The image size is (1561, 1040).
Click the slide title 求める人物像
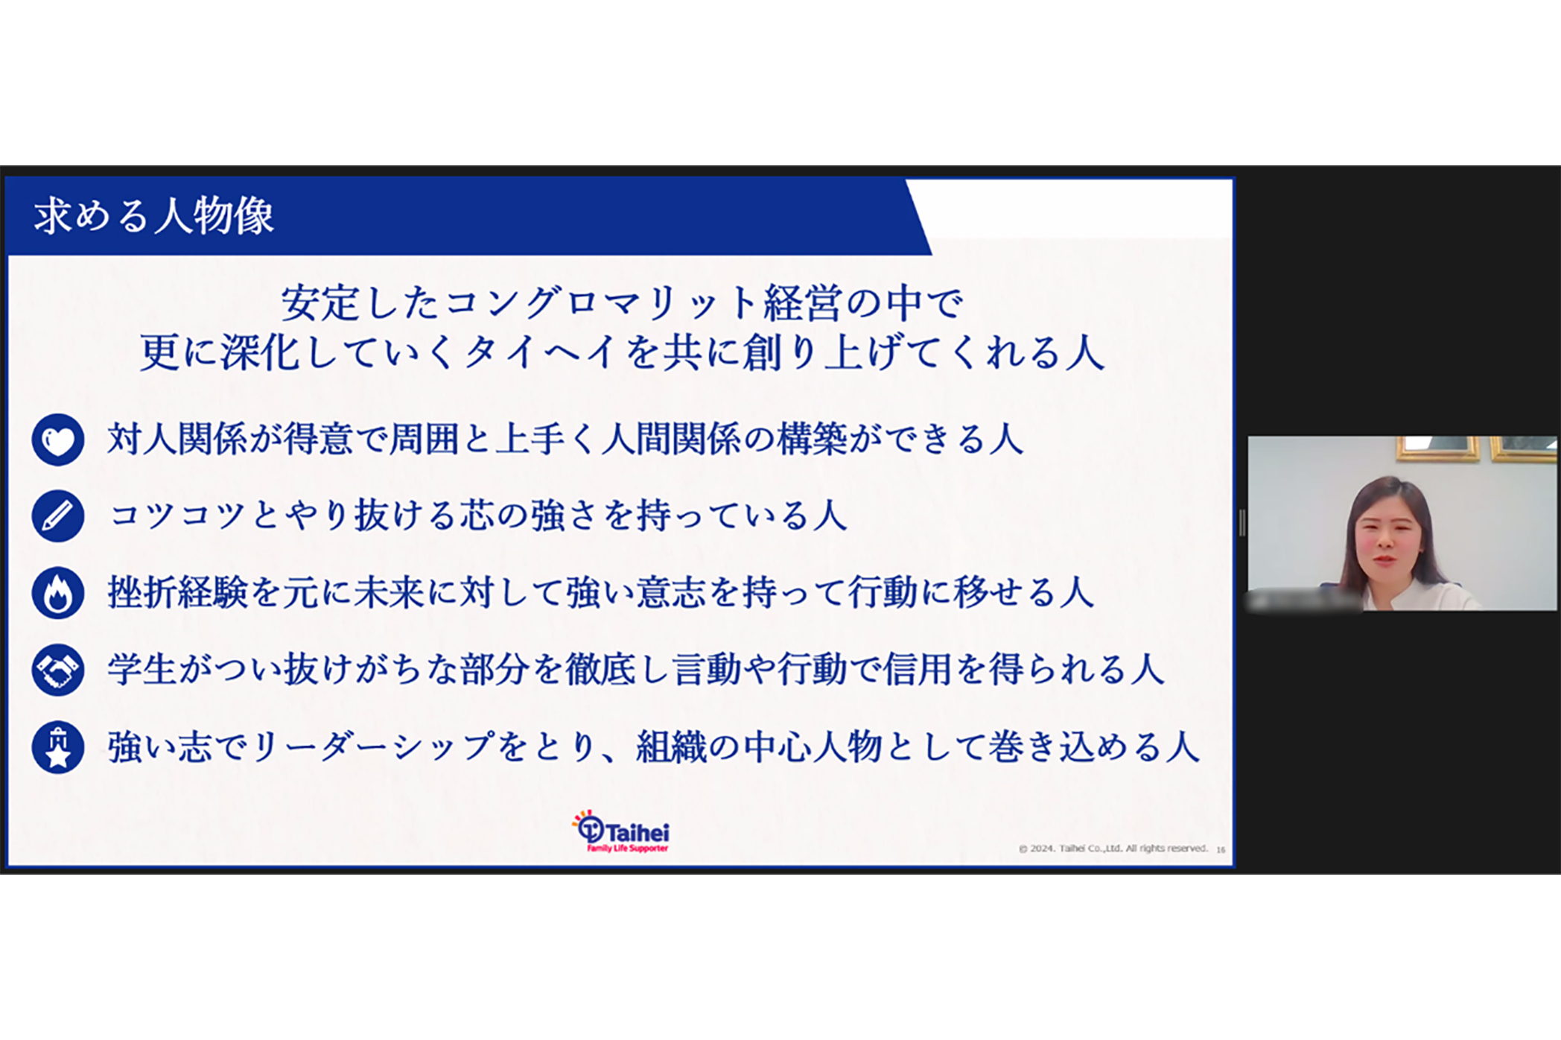tap(154, 216)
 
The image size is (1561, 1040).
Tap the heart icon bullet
tap(58, 440)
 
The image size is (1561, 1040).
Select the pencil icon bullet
tap(58, 516)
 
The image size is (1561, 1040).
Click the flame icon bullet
tap(58, 593)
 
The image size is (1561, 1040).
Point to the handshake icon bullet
tap(58, 670)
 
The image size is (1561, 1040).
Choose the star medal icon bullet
tap(58, 747)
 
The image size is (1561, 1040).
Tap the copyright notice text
tap(1113, 849)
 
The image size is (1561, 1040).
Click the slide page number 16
tap(1221, 849)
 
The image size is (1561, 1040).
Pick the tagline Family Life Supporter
tap(627, 849)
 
